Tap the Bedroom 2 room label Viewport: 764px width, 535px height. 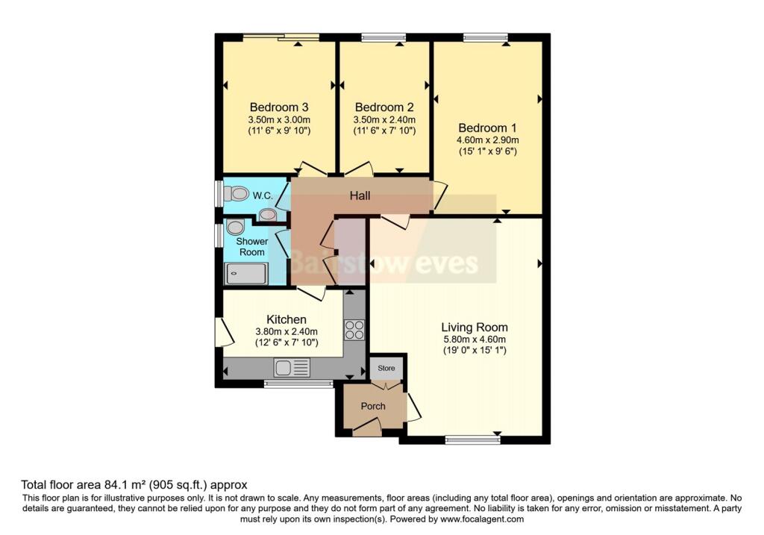[x=383, y=106]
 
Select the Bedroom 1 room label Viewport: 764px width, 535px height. [x=488, y=127]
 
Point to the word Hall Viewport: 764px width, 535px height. [x=361, y=195]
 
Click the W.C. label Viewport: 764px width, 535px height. [x=261, y=195]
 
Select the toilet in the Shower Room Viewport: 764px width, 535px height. [x=235, y=226]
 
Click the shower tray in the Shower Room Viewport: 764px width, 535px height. [x=245, y=273]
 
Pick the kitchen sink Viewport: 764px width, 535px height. [x=283, y=367]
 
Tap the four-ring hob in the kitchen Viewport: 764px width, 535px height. [x=354, y=329]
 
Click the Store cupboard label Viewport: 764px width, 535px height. [x=386, y=368]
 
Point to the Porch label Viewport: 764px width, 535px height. [x=373, y=406]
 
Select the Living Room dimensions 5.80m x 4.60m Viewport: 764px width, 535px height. [x=475, y=340]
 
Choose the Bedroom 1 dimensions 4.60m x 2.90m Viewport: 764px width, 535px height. [x=488, y=140]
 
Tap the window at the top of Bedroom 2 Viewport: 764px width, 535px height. [x=383, y=37]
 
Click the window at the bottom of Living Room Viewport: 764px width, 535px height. [x=472, y=440]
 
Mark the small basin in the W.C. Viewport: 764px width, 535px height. [x=267, y=215]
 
